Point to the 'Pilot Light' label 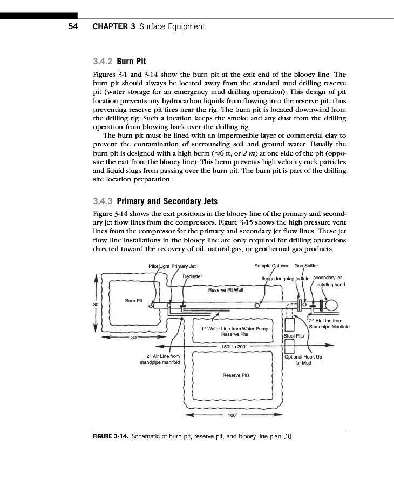pyautogui.click(x=159, y=266)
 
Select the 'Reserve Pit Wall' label pyautogui.click(x=226, y=289)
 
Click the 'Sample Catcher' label pyautogui.click(x=272, y=266)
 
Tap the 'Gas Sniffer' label pyautogui.click(x=306, y=266)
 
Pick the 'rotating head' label pyautogui.click(x=331, y=285)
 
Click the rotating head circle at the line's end pyautogui.click(x=330, y=306)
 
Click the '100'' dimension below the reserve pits pyautogui.click(x=230, y=416)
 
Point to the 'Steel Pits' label pyautogui.click(x=294, y=335)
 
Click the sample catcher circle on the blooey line pyautogui.click(x=257, y=306)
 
